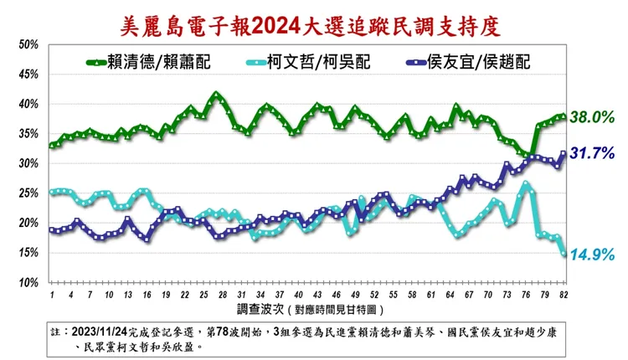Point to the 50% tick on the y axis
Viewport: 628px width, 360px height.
click(x=28, y=44)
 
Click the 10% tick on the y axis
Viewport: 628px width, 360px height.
click(x=28, y=284)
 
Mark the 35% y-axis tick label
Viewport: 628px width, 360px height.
click(x=28, y=134)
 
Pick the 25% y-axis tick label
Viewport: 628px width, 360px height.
click(x=28, y=194)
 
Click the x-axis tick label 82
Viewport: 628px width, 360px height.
click(x=564, y=296)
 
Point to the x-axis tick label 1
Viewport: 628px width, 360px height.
click(x=52, y=296)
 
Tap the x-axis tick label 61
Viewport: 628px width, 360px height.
click(x=430, y=296)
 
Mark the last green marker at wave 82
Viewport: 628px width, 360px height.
click(x=564, y=116)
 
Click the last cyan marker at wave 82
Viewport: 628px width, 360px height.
click(x=564, y=254)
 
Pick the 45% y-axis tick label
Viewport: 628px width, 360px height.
click(x=28, y=75)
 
